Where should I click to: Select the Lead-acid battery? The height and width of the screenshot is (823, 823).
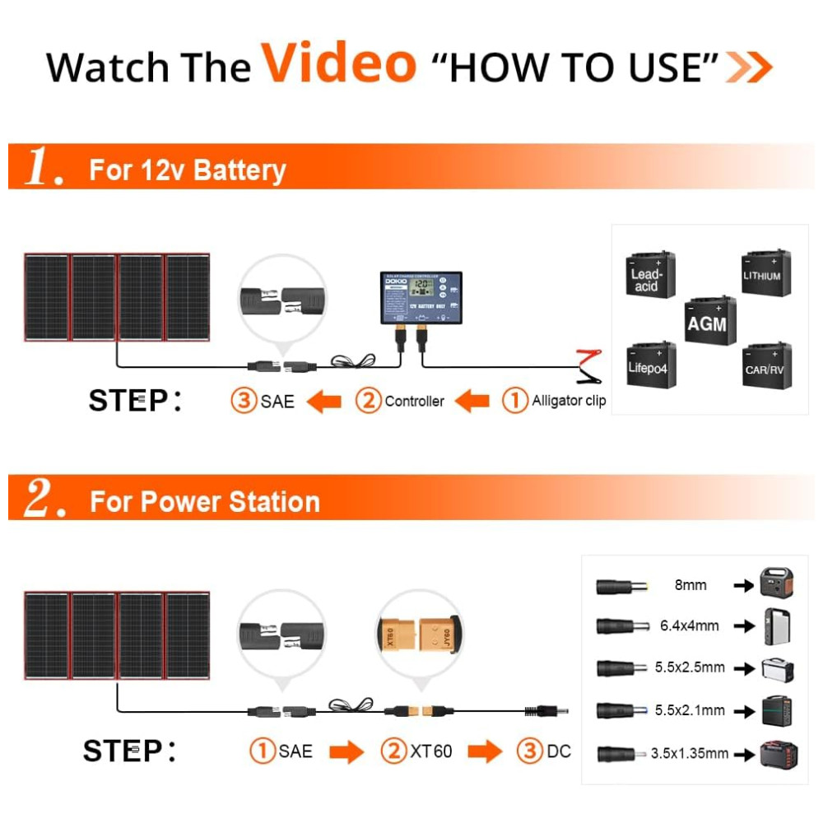tap(649, 276)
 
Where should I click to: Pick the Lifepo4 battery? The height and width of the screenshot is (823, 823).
tap(650, 365)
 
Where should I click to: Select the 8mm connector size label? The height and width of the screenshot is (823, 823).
tap(690, 585)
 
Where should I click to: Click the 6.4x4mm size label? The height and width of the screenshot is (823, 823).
tap(689, 625)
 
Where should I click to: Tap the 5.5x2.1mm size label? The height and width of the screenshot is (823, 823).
tap(690, 710)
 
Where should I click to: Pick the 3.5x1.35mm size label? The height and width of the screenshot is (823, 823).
tap(689, 753)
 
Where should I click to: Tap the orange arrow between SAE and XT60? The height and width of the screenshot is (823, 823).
tap(346, 751)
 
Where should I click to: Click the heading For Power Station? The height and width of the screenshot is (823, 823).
tap(204, 501)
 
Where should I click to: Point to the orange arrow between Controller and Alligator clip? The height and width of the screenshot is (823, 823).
tap(472, 402)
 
